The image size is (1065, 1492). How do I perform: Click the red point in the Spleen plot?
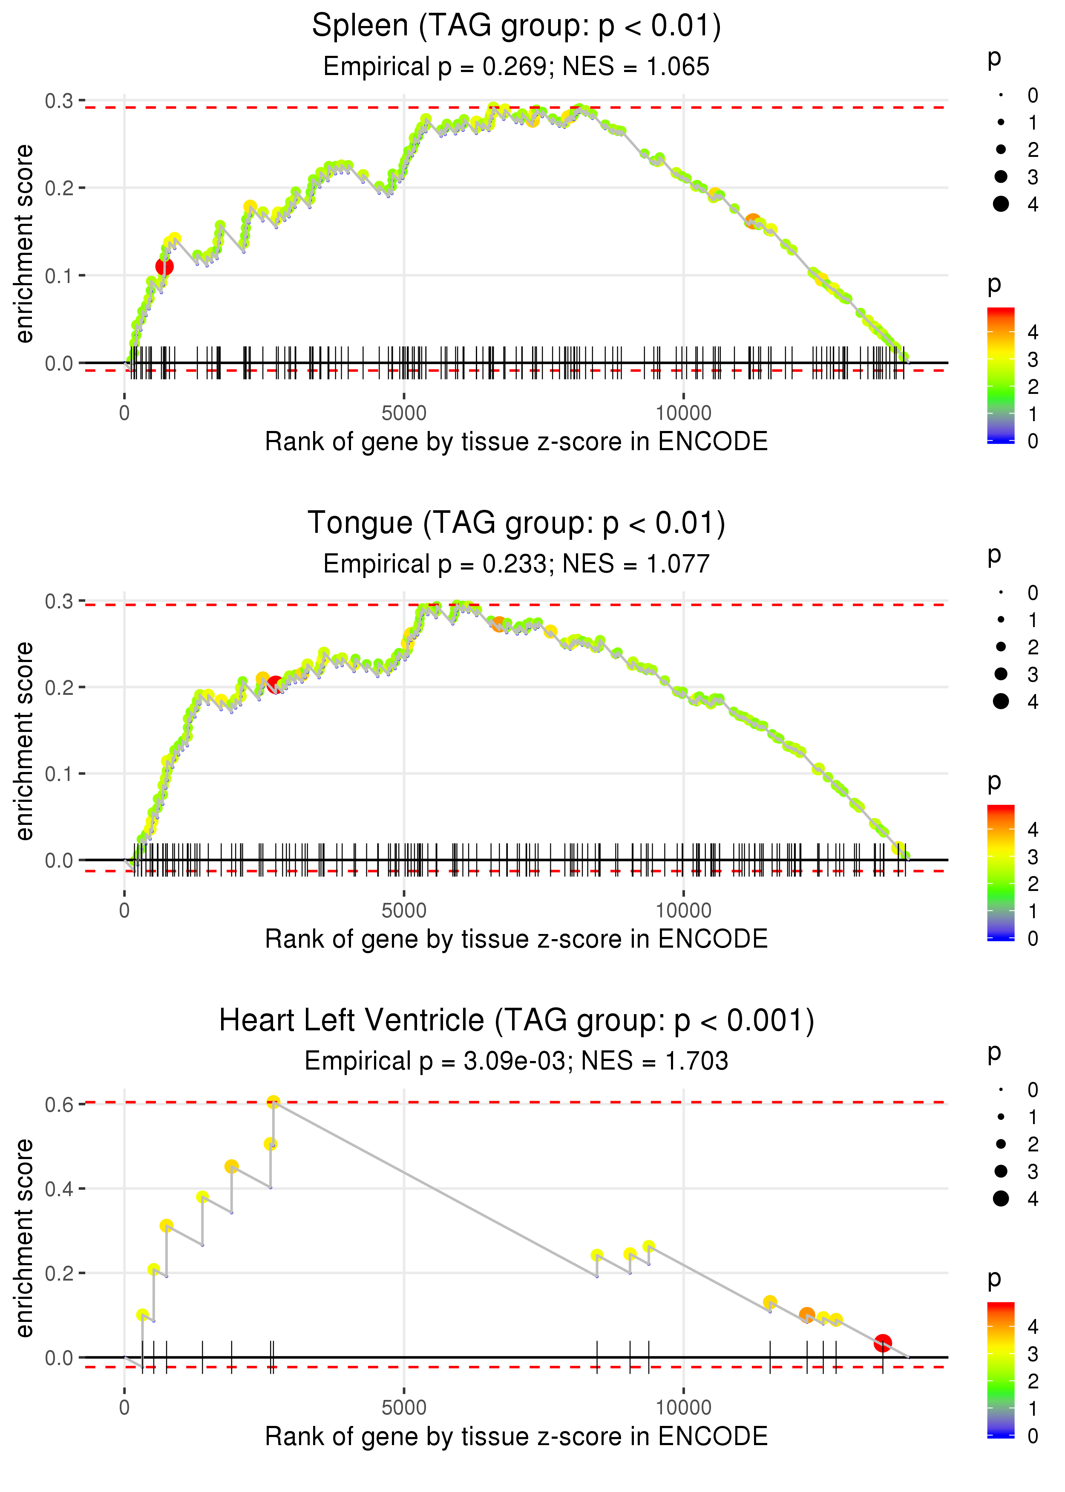164,266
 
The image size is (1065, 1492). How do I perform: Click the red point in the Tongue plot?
276,684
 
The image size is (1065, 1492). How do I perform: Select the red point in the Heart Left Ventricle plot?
883,1343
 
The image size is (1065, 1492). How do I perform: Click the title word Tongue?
360,523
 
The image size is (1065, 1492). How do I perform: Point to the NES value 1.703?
697,1061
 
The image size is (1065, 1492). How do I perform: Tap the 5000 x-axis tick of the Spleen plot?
404,413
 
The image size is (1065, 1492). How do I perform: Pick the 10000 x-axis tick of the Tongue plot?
683,911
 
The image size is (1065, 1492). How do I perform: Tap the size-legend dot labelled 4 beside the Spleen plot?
1001,204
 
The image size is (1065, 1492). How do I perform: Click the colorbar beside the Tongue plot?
1001,873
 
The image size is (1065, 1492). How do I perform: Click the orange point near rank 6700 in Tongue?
498,624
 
